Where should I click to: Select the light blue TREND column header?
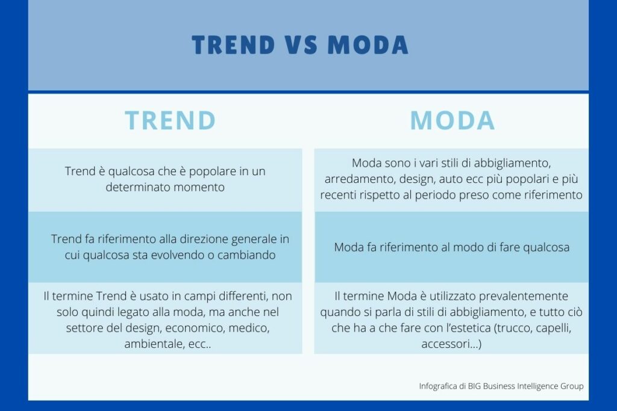click(x=171, y=120)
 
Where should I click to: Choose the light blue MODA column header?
click(x=453, y=120)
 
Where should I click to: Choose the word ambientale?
click(x=154, y=345)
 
